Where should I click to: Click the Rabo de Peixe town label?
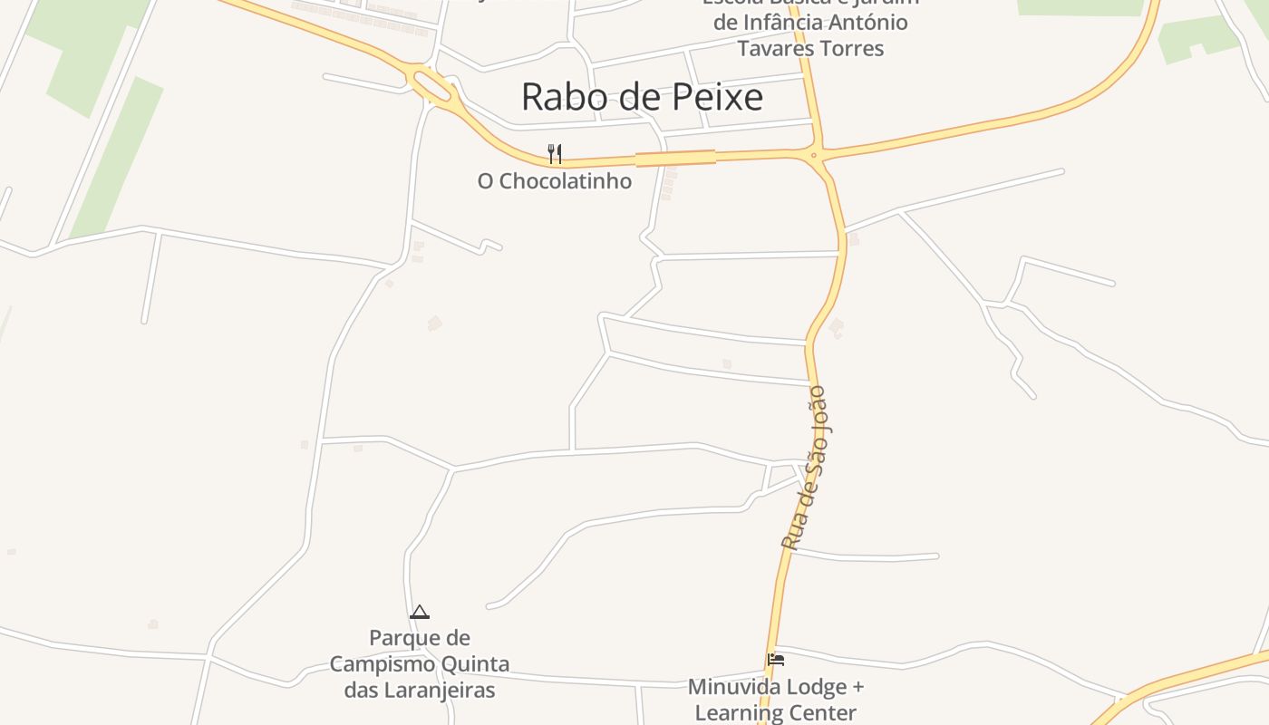click(x=642, y=97)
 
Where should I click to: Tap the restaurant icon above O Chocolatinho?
click(x=555, y=154)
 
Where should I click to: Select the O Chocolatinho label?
click(x=554, y=181)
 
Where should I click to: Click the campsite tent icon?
click(x=419, y=613)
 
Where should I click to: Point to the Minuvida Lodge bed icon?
click(x=776, y=660)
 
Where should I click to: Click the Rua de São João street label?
click(x=805, y=469)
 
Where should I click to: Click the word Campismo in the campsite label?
click(x=382, y=664)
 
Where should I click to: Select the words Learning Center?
click(x=775, y=713)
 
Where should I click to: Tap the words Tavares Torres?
click(x=810, y=48)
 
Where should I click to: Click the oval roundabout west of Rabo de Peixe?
click(x=431, y=83)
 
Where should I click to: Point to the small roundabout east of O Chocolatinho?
click(x=814, y=155)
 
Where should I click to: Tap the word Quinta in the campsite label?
click(x=475, y=664)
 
